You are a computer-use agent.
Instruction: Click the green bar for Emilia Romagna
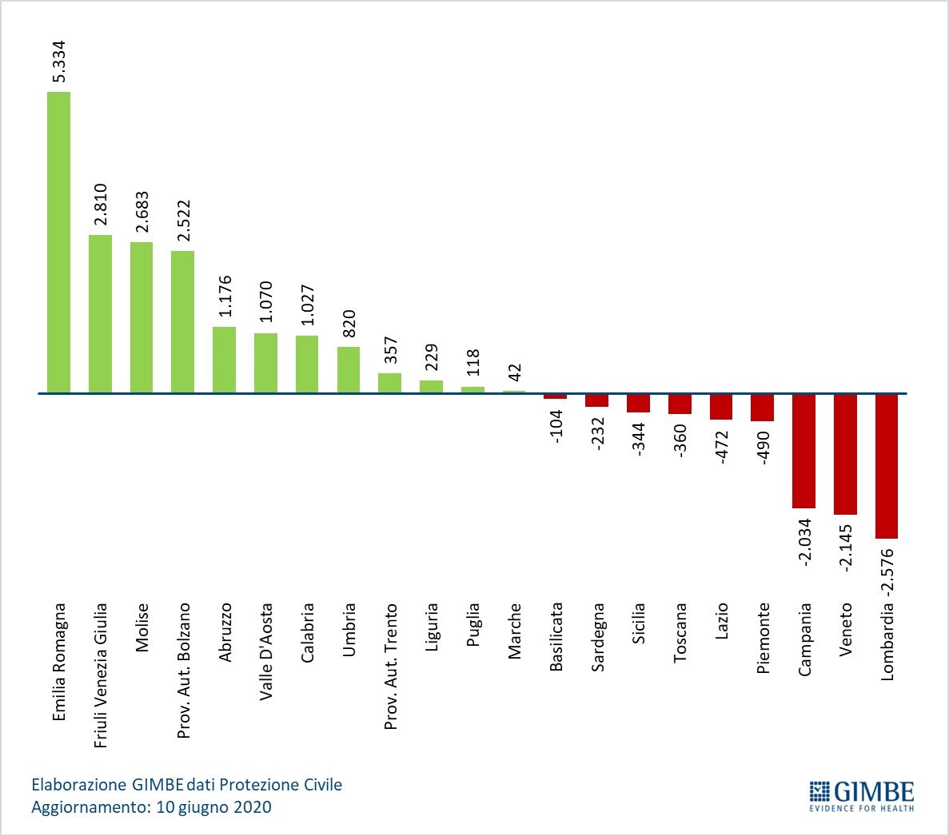(x=58, y=242)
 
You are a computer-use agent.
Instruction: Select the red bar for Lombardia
(x=887, y=466)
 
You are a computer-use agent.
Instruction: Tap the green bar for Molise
(x=142, y=317)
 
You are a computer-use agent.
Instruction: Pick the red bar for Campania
(x=803, y=452)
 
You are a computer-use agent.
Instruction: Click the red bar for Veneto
(x=846, y=454)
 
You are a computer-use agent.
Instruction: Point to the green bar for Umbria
(x=349, y=369)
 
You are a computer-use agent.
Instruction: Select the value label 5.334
(x=58, y=62)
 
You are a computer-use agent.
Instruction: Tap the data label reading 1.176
(x=225, y=296)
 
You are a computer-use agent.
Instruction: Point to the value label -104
(x=556, y=427)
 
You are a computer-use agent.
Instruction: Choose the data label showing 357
(x=391, y=350)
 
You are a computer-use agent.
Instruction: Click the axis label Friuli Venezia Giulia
(x=101, y=675)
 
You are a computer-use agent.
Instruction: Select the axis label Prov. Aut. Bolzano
(x=183, y=671)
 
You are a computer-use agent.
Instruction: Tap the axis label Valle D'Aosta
(x=266, y=652)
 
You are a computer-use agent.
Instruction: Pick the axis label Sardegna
(x=598, y=637)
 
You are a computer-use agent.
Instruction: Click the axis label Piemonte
(x=764, y=639)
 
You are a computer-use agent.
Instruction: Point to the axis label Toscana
(x=680, y=633)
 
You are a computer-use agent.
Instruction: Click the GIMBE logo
(x=862, y=795)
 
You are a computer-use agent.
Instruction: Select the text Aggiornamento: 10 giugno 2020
(x=151, y=807)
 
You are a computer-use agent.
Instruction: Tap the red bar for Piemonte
(x=763, y=408)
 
